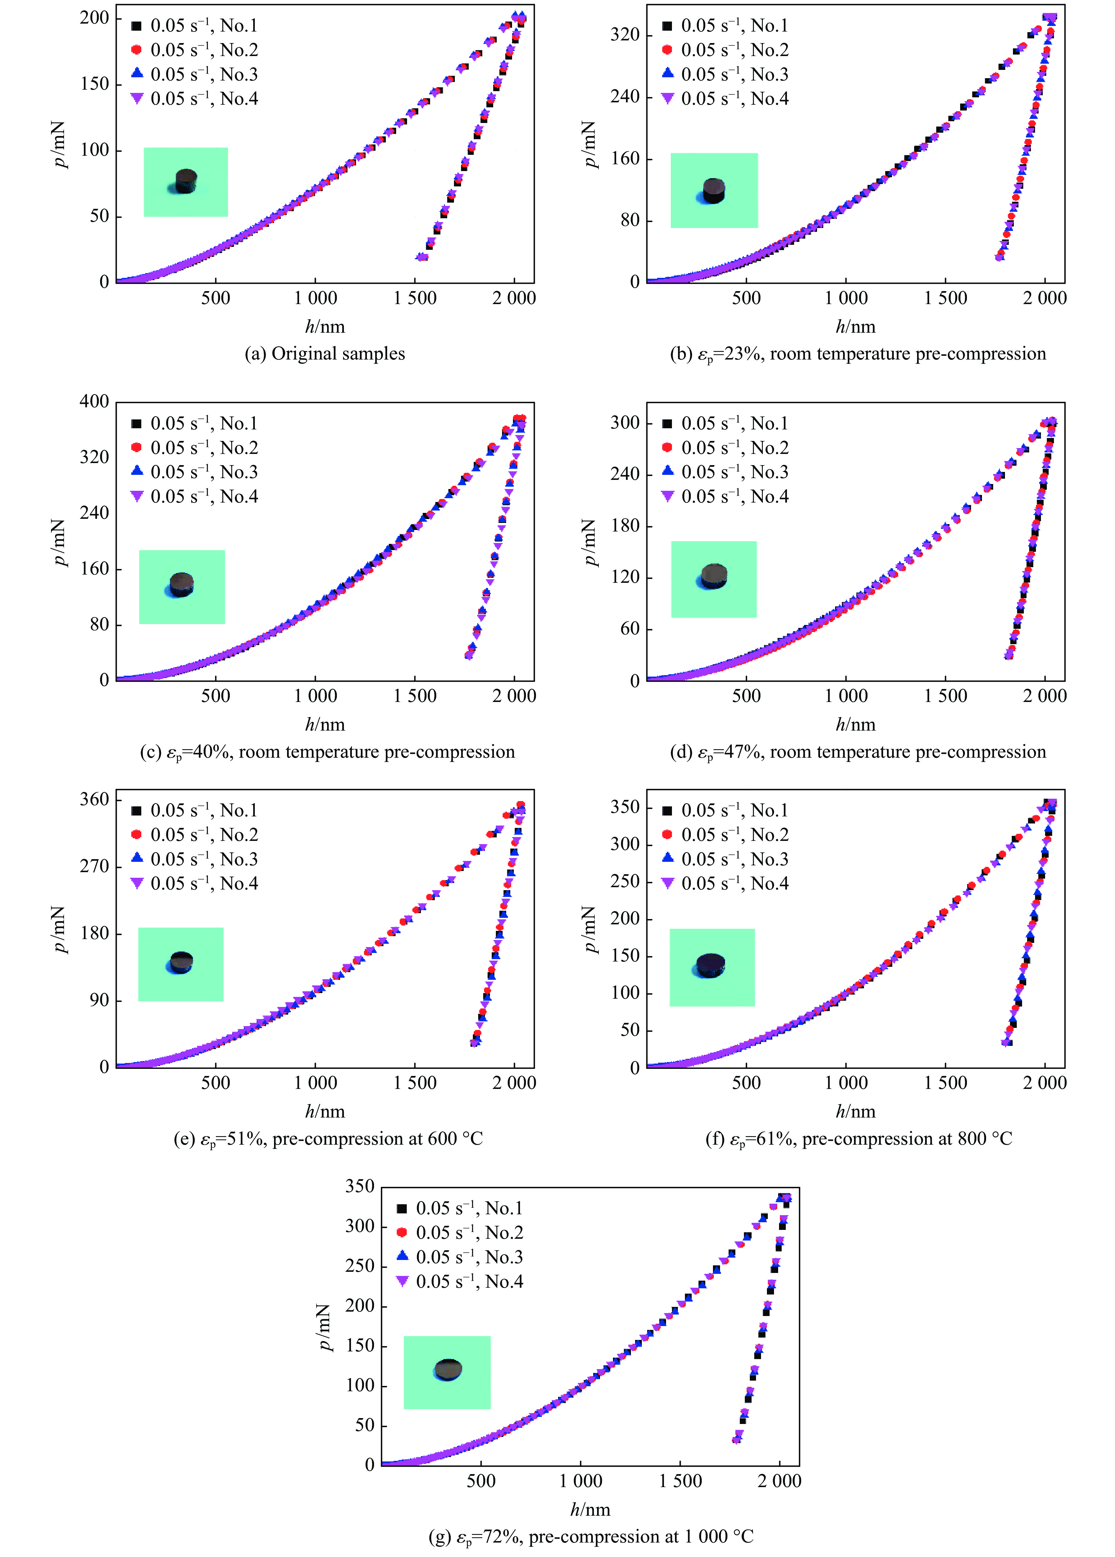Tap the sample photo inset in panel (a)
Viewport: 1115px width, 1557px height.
click(x=185, y=182)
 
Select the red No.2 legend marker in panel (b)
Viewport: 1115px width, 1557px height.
click(x=667, y=50)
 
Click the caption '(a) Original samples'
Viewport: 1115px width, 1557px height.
click(x=325, y=354)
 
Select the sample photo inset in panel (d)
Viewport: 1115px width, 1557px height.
click(x=714, y=579)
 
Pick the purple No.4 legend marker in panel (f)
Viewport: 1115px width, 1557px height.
click(x=667, y=884)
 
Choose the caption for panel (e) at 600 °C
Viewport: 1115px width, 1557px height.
click(x=328, y=1139)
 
